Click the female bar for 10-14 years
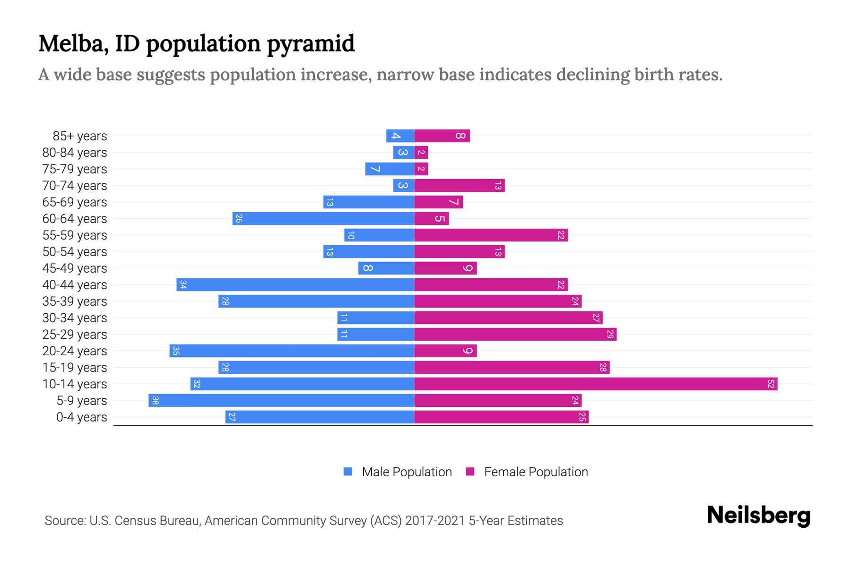click(x=596, y=384)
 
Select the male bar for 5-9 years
click(x=281, y=401)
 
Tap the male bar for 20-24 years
click(x=292, y=351)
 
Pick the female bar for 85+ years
click(x=442, y=136)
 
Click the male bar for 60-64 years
click(x=323, y=218)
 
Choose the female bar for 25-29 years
click(x=515, y=334)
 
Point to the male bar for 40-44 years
click(x=295, y=284)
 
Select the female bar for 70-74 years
click(x=460, y=186)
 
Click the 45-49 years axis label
click(x=75, y=268)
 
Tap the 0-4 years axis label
click(x=81, y=417)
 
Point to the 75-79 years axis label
click(x=75, y=169)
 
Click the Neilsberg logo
click(x=758, y=515)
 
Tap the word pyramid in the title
click(x=311, y=43)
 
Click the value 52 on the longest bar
click(x=771, y=384)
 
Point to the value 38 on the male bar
click(x=155, y=401)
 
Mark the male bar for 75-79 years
click(x=390, y=169)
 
